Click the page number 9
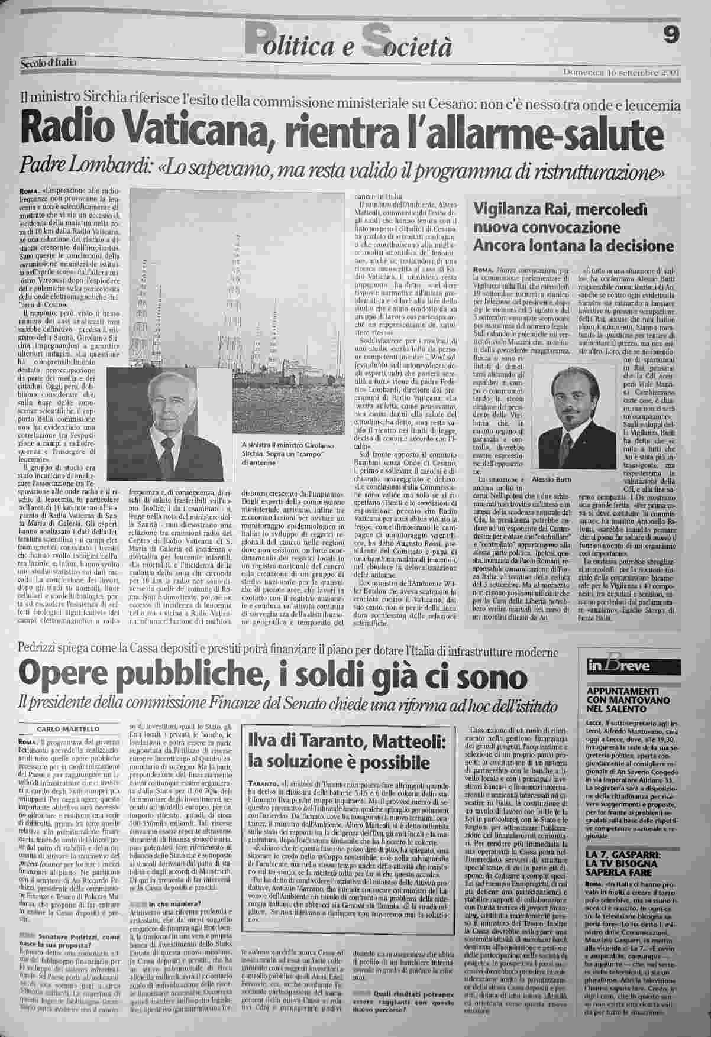(671, 35)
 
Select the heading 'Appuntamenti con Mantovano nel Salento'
(631, 698)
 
